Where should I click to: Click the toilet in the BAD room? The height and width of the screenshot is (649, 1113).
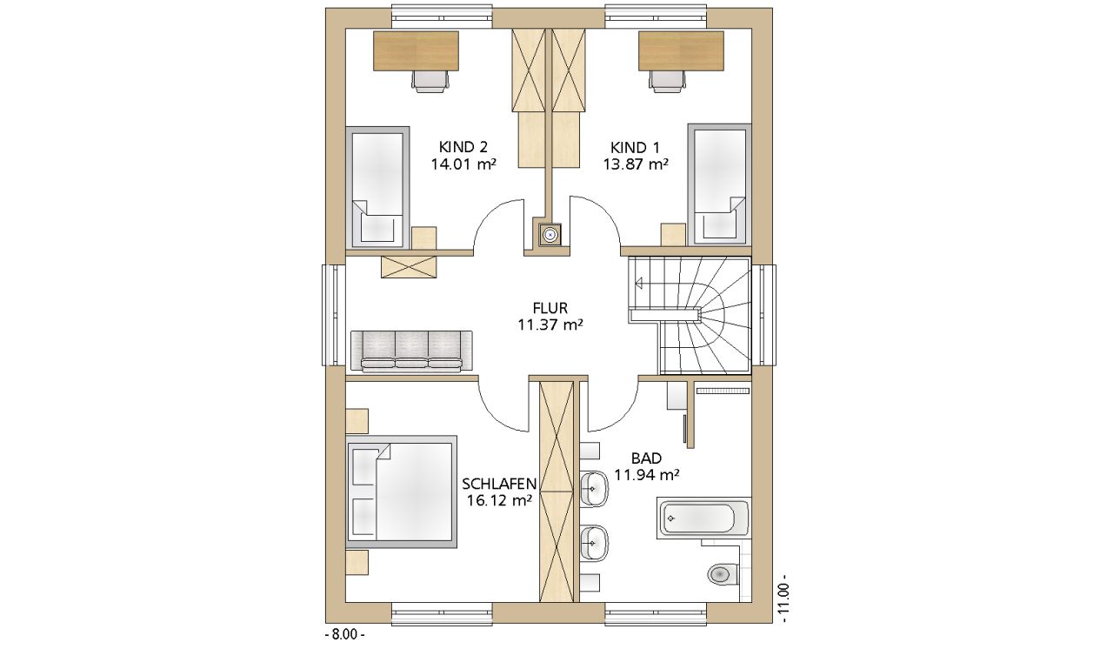pos(723,574)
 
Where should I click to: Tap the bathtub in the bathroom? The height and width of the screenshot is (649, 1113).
pos(704,519)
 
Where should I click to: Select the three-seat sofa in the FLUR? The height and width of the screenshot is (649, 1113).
pos(411,351)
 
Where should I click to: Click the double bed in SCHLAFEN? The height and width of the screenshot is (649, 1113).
pos(402,491)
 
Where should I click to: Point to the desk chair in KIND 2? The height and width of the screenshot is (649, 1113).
pos(431,81)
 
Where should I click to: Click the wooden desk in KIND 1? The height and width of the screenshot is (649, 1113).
pos(681,50)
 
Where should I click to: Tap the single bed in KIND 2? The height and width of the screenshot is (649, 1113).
pos(377,187)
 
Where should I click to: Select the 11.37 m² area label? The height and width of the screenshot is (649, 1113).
pos(550,325)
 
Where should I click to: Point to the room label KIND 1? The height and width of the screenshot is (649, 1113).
pos(635,148)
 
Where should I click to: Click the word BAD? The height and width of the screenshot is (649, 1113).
pos(646,458)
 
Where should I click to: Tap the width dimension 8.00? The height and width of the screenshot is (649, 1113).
pos(344,634)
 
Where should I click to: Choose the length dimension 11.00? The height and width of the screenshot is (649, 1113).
pos(784,599)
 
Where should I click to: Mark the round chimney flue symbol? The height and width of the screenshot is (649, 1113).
pos(550,234)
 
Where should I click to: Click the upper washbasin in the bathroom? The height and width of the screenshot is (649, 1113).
pos(594,488)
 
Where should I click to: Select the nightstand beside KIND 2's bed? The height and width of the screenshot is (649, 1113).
pos(424,238)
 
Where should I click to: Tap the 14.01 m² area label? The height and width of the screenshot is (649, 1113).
pos(463,164)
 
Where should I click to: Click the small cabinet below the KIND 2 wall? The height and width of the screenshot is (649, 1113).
pos(409,267)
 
